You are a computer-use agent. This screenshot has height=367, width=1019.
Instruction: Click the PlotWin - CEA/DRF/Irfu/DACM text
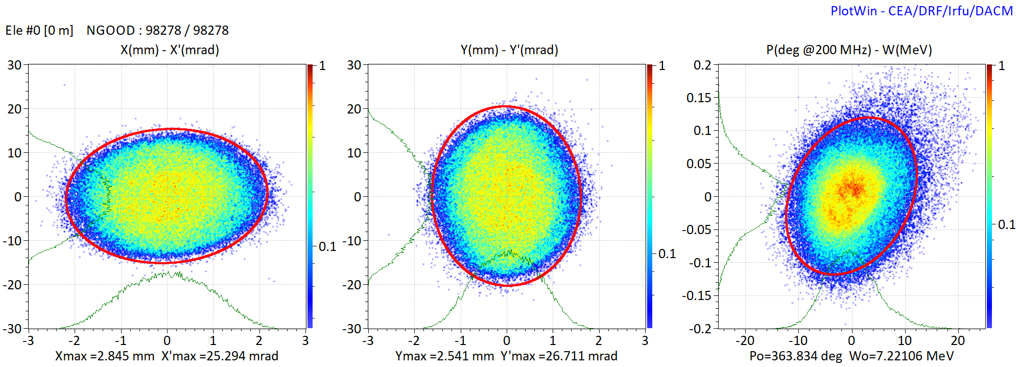pyautogui.click(x=921, y=11)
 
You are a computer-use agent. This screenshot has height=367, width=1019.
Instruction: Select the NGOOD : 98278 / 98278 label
pyautogui.click(x=157, y=30)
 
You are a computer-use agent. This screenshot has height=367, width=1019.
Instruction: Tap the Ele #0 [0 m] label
pyautogui.click(x=39, y=30)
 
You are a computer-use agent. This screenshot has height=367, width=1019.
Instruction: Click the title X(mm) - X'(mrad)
pyautogui.click(x=170, y=50)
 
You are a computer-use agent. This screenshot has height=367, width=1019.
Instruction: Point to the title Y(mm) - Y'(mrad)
pyautogui.click(x=509, y=50)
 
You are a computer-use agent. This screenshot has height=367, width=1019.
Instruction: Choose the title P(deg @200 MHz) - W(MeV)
pyautogui.click(x=849, y=50)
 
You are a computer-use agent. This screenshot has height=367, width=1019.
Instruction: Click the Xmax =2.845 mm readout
pyautogui.click(x=105, y=356)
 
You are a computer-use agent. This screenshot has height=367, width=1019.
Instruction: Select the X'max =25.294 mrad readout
pyautogui.click(x=220, y=356)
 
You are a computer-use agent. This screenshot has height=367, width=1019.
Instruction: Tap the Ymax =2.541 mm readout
pyautogui.click(x=444, y=356)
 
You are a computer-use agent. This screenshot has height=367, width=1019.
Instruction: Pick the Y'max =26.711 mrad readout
pyautogui.click(x=559, y=356)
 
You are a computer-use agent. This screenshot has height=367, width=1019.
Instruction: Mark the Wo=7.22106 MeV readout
pyautogui.click(x=902, y=356)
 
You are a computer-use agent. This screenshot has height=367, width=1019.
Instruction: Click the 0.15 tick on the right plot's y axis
pyautogui.click(x=699, y=98)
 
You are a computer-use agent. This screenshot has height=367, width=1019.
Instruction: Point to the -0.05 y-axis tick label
pyautogui.click(x=697, y=230)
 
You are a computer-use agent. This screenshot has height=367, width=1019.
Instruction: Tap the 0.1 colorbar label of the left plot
pyautogui.click(x=327, y=247)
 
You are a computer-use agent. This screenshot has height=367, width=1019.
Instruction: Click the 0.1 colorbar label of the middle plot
pyautogui.click(x=667, y=254)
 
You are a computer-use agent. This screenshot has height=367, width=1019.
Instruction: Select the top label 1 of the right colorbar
pyautogui.click(x=1001, y=66)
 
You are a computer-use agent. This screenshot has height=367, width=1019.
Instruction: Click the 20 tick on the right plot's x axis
pyautogui.click(x=958, y=340)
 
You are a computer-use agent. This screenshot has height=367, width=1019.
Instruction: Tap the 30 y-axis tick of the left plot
pyautogui.click(x=14, y=65)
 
